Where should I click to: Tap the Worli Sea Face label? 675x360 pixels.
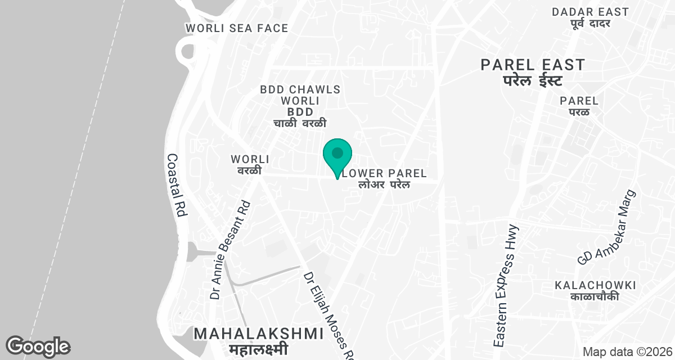pos(237,28)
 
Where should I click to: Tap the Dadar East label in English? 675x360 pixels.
pos(590,12)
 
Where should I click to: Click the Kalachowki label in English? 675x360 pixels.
pos(595,285)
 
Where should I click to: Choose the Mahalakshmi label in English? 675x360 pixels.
pos(259,334)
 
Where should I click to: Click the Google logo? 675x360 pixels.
pos(38,346)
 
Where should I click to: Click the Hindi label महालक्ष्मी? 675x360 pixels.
pos(259,349)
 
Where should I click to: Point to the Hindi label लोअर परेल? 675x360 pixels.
pos(385,184)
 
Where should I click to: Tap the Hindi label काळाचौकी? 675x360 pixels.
pos(595,296)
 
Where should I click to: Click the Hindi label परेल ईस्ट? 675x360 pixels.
pos(532,80)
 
